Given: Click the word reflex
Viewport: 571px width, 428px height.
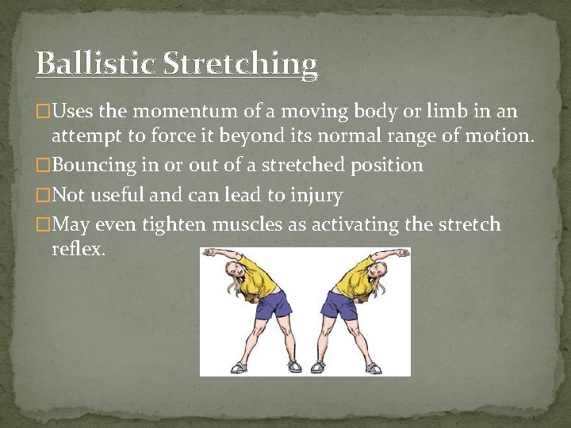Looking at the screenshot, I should click(x=79, y=248).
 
